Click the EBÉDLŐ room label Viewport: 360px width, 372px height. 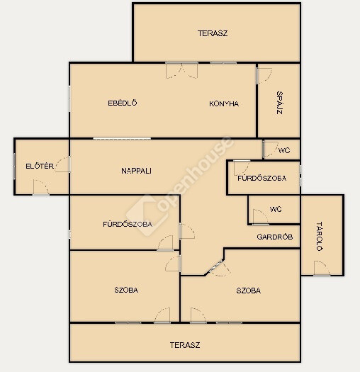click(x=123, y=103)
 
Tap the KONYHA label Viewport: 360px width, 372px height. click(x=224, y=103)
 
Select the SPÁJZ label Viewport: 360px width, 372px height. click(x=280, y=103)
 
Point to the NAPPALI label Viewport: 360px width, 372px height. click(x=136, y=171)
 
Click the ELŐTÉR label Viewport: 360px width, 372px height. click(x=40, y=166)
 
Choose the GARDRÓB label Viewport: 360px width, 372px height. click(x=275, y=237)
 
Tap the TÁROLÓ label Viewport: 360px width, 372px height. click(x=320, y=236)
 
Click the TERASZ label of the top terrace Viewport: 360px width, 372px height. click(x=213, y=33)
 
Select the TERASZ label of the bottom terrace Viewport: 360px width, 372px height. click(x=185, y=345)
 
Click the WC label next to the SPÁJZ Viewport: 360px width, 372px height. click(x=284, y=150)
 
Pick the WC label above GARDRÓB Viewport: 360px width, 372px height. click(x=276, y=209)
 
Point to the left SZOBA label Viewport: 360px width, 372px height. click(x=126, y=290)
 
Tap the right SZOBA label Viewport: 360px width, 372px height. click(x=249, y=291)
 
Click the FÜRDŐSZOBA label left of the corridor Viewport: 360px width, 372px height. click(x=128, y=224)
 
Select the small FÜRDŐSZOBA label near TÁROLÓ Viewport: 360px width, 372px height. click(x=262, y=178)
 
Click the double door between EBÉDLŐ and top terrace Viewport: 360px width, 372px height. click(x=182, y=70)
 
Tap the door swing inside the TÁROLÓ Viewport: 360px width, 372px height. click(x=322, y=268)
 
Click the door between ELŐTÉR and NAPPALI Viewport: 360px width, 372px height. click(x=63, y=164)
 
